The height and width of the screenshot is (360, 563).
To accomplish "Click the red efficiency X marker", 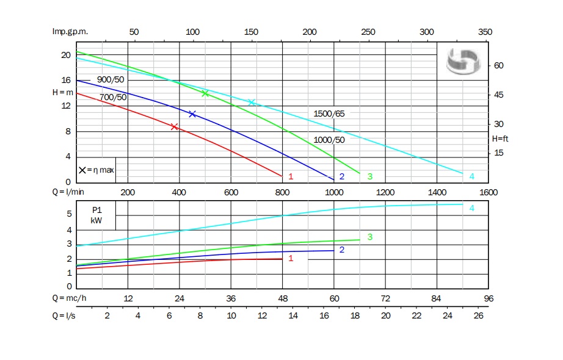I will (175, 127).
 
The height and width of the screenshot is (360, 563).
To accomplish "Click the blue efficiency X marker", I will (192, 114).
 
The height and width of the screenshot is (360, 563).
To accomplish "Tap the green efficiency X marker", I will (205, 93).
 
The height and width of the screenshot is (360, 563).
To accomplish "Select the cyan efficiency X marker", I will (251, 102).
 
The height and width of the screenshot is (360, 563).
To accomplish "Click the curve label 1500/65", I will (333, 114).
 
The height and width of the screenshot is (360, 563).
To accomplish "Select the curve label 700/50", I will (113, 98).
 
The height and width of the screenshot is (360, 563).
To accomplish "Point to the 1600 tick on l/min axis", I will (489, 193).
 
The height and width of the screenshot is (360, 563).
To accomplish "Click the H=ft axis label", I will (500, 139).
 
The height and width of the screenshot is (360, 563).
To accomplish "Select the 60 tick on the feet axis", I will (498, 65).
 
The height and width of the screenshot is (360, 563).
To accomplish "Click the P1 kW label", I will (96, 215).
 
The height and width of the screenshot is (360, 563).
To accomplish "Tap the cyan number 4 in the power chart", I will (472, 209).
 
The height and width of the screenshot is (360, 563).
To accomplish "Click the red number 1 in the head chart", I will (291, 177).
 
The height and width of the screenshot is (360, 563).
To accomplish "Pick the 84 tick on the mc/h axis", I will (437, 299).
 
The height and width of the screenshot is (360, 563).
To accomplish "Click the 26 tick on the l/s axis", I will (478, 315).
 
